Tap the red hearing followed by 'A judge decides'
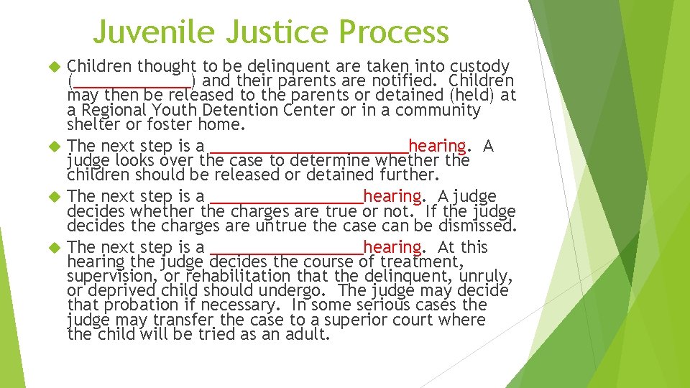(392, 195)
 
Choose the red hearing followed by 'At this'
(392, 247)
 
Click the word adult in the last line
(306, 335)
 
